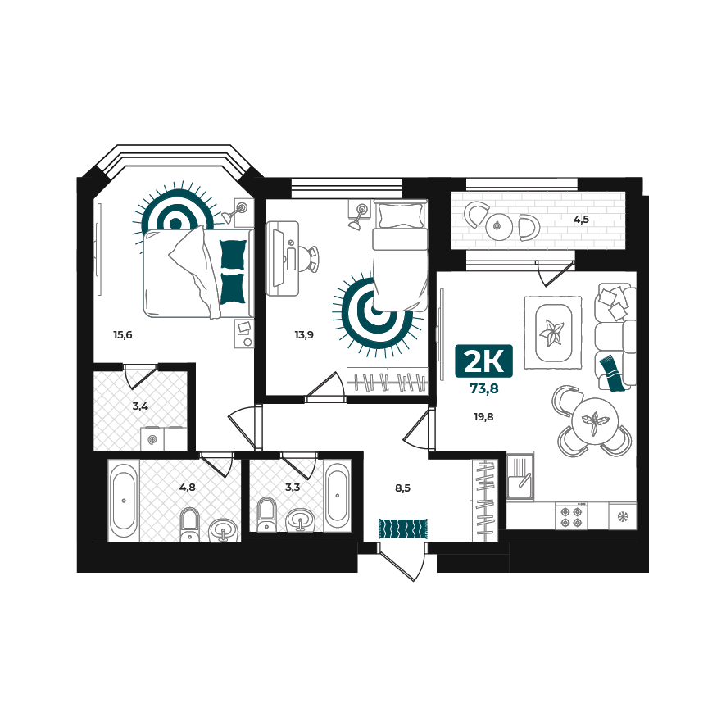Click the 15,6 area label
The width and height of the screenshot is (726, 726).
coord(123,335)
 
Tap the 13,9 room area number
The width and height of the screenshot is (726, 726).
coord(304,335)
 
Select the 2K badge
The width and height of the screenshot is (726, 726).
coord(483,361)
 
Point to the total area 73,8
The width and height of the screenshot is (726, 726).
coord(483,389)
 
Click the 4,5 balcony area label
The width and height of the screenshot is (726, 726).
coord(581,220)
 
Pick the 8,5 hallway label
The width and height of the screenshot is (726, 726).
coord(403,488)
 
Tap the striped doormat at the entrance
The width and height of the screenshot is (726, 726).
coord(403,529)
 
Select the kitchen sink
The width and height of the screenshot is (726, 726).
coord(520,477)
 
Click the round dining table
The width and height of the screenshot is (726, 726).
coord(595,421)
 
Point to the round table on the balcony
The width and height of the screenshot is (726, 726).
coord(499,226)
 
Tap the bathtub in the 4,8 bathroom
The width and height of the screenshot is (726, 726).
coord(124,501)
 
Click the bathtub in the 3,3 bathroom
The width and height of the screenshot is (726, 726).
coord(337,496)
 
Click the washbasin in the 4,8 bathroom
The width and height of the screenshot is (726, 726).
coord(224,530)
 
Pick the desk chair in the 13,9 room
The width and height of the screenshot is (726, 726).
coord(309,259)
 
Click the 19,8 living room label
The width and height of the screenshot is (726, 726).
coord(483,417)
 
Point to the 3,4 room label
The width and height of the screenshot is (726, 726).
coord(140,407)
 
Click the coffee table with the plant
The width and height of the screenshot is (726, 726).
coord(553,333)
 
